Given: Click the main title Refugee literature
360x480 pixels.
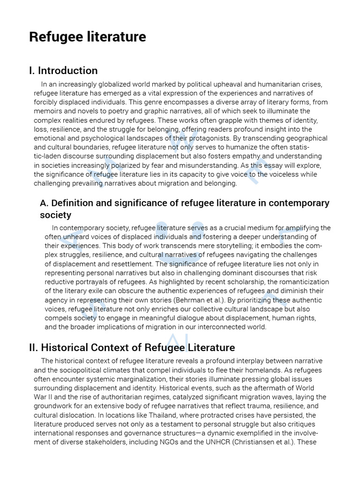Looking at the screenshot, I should [x=88, y=37].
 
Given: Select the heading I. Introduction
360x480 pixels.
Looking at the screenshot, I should [x=63, y=71].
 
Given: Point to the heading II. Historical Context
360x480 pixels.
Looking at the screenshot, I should [x=132, y=348].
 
